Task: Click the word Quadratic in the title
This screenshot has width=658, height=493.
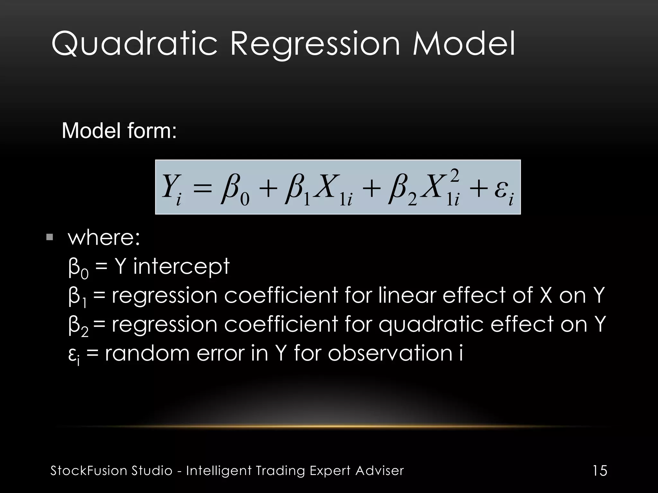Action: (134, 44)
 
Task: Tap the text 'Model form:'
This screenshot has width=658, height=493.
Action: (119, 131)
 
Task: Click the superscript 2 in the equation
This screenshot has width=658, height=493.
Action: (454, 176)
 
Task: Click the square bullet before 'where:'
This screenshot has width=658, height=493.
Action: (50, 238)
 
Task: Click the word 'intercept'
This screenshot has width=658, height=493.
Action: (181, 266)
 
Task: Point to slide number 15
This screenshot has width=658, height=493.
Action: (600, 471)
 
